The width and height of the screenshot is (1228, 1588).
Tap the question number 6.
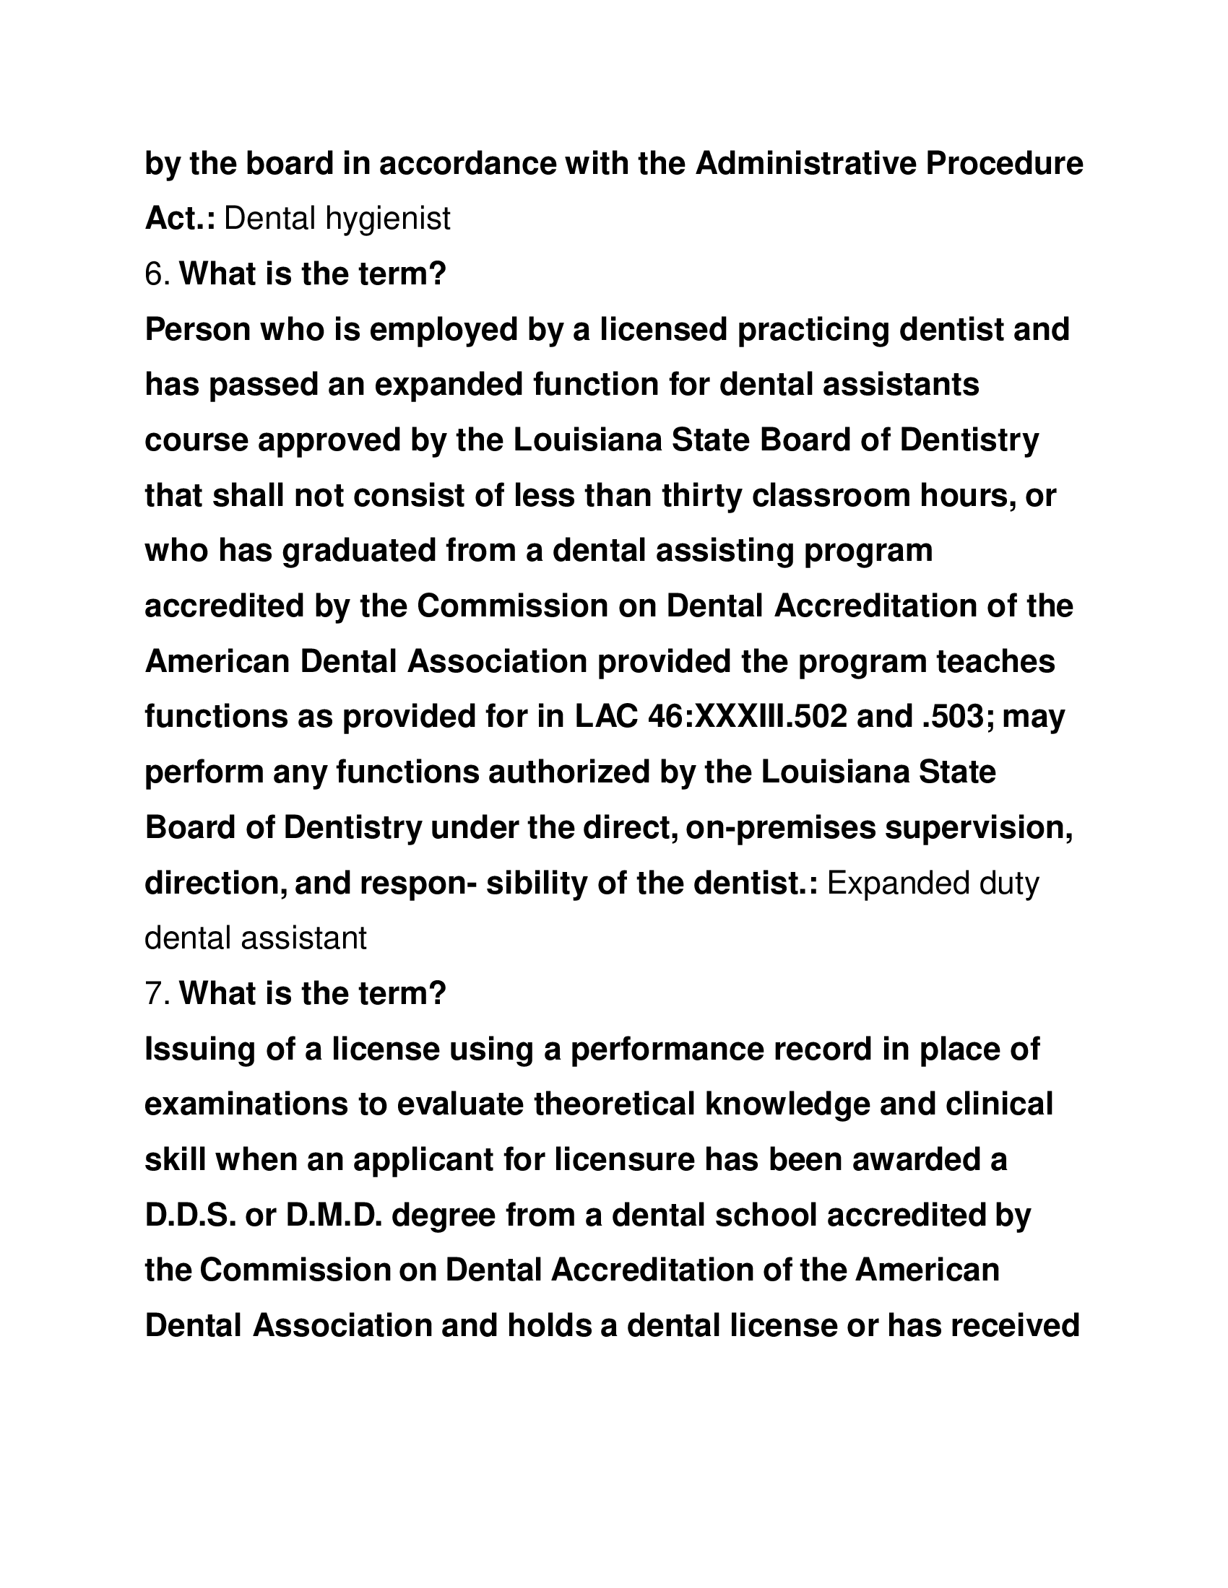click(157, 275)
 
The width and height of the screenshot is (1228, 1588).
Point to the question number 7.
click(157, 993)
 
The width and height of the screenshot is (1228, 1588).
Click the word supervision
click(979, 827)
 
